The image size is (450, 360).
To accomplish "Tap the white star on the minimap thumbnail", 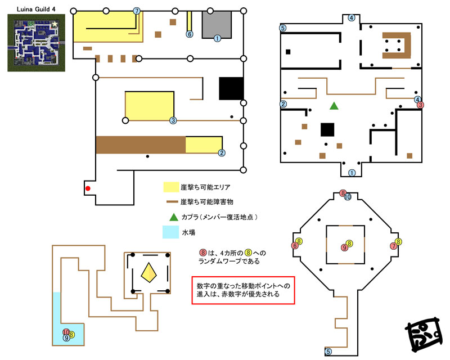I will (54, 25).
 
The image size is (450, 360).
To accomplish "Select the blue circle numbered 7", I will (137, 11).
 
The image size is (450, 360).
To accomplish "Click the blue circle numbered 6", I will (190, 34).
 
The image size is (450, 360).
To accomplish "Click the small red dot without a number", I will (87, 188).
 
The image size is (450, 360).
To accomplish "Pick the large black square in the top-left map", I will (231, 89).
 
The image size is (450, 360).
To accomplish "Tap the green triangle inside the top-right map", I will (334, 105).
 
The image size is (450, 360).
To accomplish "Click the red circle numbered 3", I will (420, 105).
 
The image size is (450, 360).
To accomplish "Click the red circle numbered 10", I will (66, 332).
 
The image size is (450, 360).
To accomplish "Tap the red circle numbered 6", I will (294, 246).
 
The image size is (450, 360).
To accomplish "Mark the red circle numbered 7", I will (393, 246).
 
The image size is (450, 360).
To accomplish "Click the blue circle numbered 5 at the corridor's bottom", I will (328, 352).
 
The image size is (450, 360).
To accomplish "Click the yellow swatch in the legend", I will (171, 187).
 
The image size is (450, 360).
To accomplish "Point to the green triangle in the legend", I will (172, 217).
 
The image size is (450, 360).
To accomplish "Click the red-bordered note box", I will (243, 289).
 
